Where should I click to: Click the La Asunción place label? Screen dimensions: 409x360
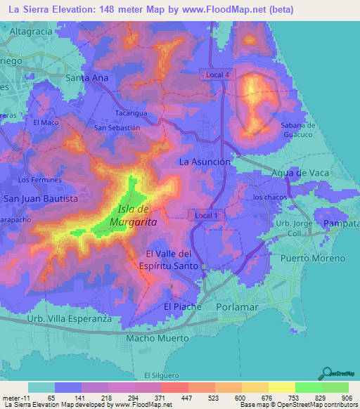(x=205, y=162)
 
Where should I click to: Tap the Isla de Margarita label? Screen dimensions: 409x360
(x=133, y=216)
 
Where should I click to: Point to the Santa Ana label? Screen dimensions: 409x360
(x=86, y=78)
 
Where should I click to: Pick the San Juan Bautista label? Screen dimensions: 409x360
(x=41, y=199)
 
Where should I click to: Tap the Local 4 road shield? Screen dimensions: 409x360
(x=214, y=74)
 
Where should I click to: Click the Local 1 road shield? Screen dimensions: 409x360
(x=207, y=215)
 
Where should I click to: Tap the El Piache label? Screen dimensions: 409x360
(x=182, y=307)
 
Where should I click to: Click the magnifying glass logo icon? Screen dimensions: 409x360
(x=326, y=373)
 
